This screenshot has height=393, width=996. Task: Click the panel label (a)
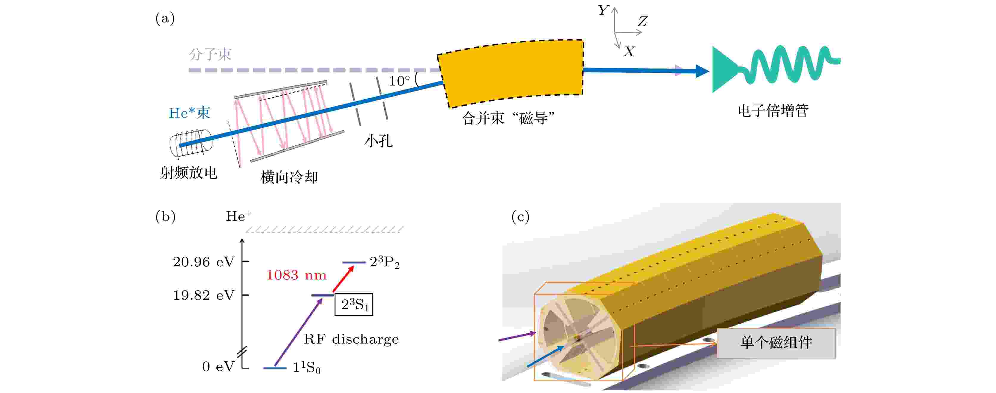pyautogui.click(x=165, y=18)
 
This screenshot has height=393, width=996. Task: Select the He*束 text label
pyautogui.click(x=189, y=113)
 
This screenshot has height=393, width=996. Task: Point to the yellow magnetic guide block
pyautogui.click(x=511, y=73)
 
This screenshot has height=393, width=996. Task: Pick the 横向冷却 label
pyautogui.click(x=289, y=177)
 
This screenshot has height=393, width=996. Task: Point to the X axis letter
pyautogui.click(x=629, y=52)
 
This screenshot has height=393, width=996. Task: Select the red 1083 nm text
pyautogui.click(x=296, y=275)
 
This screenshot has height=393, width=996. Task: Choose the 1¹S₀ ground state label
pyautogui.click(x=307, y=367)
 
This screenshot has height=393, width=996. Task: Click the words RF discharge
pyautogui.click(x=351, y=339)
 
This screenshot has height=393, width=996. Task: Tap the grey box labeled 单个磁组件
pyautogui.click(x=776, y=343)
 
